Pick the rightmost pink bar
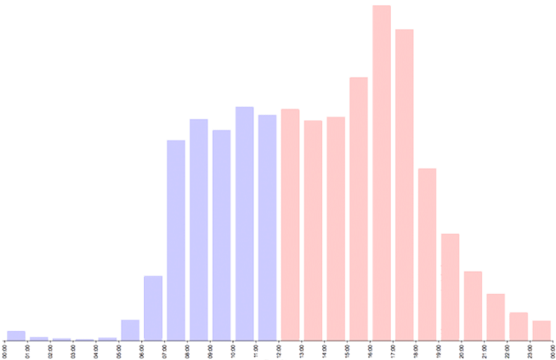click(x=541, y=330)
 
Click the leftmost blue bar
click(x=16, y=335)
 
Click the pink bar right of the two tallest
click(x=427, y=254)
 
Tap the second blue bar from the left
click(x=38, y=338)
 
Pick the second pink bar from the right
click(x=518, y=325)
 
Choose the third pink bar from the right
click(x=496, y=316)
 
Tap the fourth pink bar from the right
click(x=473, y=305)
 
